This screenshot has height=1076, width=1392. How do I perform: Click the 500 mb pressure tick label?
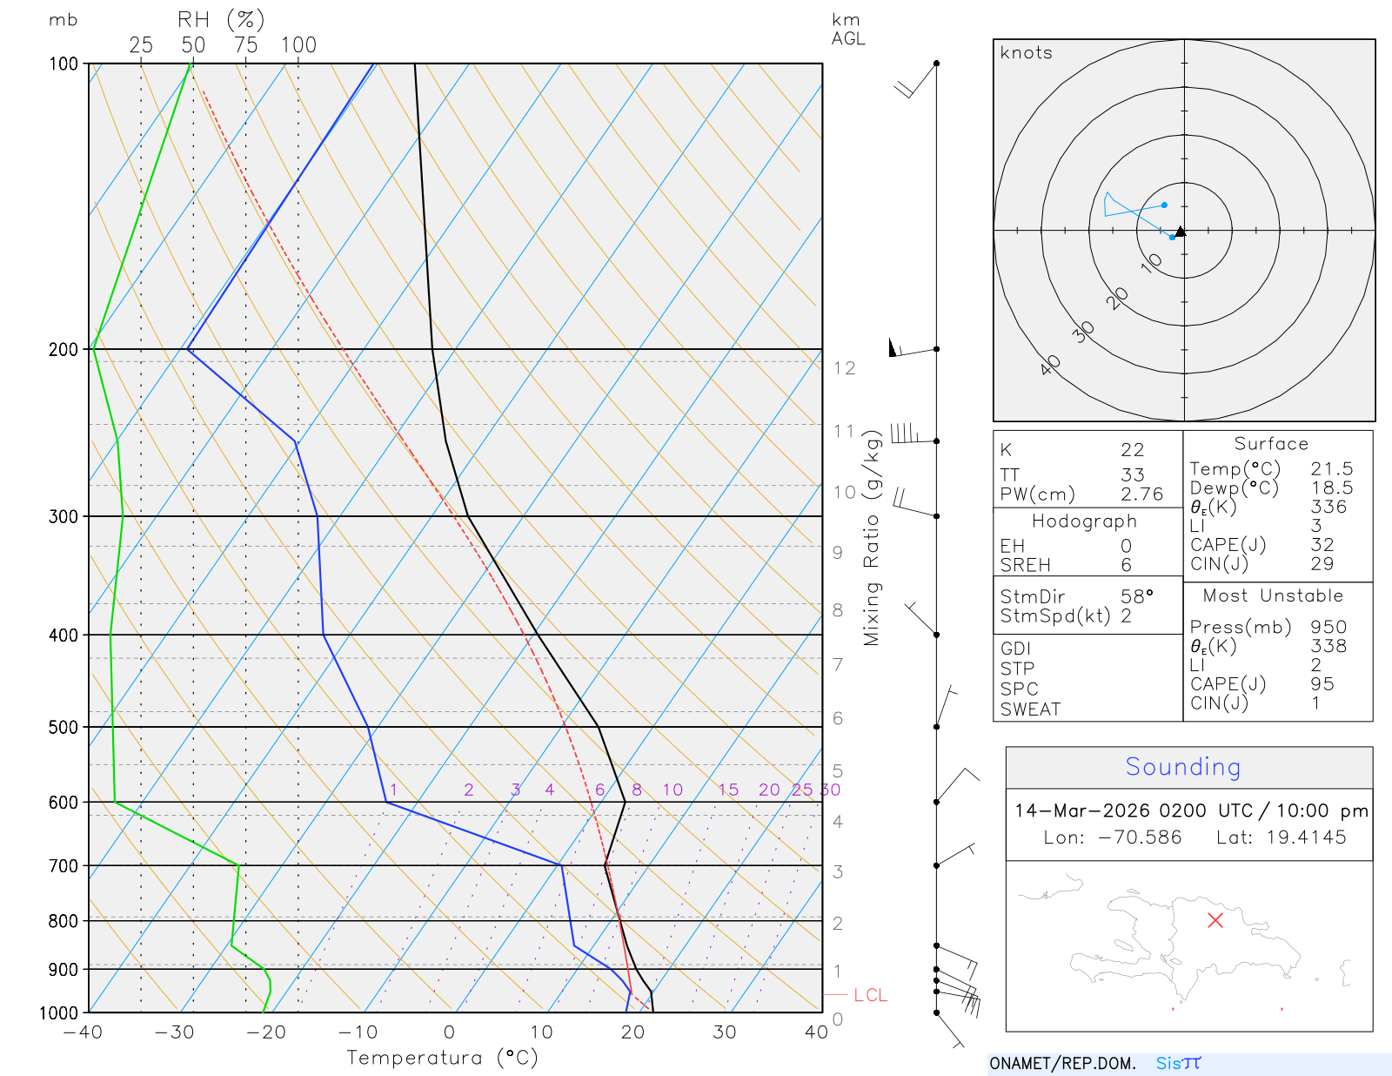[x=63, y=727]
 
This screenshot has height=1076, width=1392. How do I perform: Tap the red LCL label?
[x=870, y=995]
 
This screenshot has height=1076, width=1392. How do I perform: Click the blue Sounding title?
[x=1182, y=767]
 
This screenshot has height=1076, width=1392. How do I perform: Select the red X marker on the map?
[x=1215, y=920]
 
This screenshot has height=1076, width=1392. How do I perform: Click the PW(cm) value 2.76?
[x=1141, y=494]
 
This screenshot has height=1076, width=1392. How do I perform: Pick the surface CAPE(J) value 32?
[x=1322, y=545]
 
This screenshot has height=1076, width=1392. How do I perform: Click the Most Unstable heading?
[x=1273, y=596]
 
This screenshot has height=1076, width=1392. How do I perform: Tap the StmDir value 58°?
[x=1136, y=597]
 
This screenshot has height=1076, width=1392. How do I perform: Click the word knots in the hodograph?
[x=1027, y=53]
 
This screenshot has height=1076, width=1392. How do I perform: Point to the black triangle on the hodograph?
[x=1181, y=232]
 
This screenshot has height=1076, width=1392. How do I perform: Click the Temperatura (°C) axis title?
[x=442, y=1058]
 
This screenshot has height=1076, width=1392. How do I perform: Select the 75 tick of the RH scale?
[x=246, y=45]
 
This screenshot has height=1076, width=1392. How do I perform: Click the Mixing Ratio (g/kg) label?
[x=872, y=538]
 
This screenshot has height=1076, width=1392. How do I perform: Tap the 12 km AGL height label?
[x=844, y=368]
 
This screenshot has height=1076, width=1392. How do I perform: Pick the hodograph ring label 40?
[x=1051, y=365]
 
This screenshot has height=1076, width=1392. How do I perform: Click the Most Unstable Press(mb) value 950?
[x=1328, y=628]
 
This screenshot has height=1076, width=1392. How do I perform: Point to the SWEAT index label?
[x=1030, y=709]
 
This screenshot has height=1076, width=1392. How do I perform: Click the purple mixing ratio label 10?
[x=673, y=790]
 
